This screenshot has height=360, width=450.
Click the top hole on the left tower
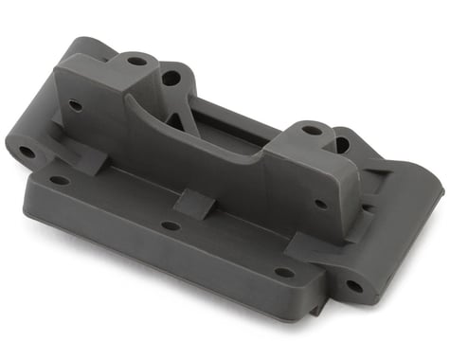(x=137, y=62)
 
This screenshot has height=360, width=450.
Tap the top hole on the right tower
(x=312, y=130)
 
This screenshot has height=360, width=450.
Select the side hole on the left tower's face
(x=75, y=104)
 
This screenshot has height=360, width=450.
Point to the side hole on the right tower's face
(x=321, y=204)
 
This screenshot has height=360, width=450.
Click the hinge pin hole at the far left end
(x=27, y=152)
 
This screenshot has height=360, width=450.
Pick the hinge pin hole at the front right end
(x=353, y=284)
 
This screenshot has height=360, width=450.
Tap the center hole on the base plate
(x=171, y=225)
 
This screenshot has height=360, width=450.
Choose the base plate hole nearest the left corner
(x=60, y=180)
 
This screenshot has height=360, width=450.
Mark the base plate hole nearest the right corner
(x=283, y=273)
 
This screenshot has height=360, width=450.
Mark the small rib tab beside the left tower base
(x=91, y=161)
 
